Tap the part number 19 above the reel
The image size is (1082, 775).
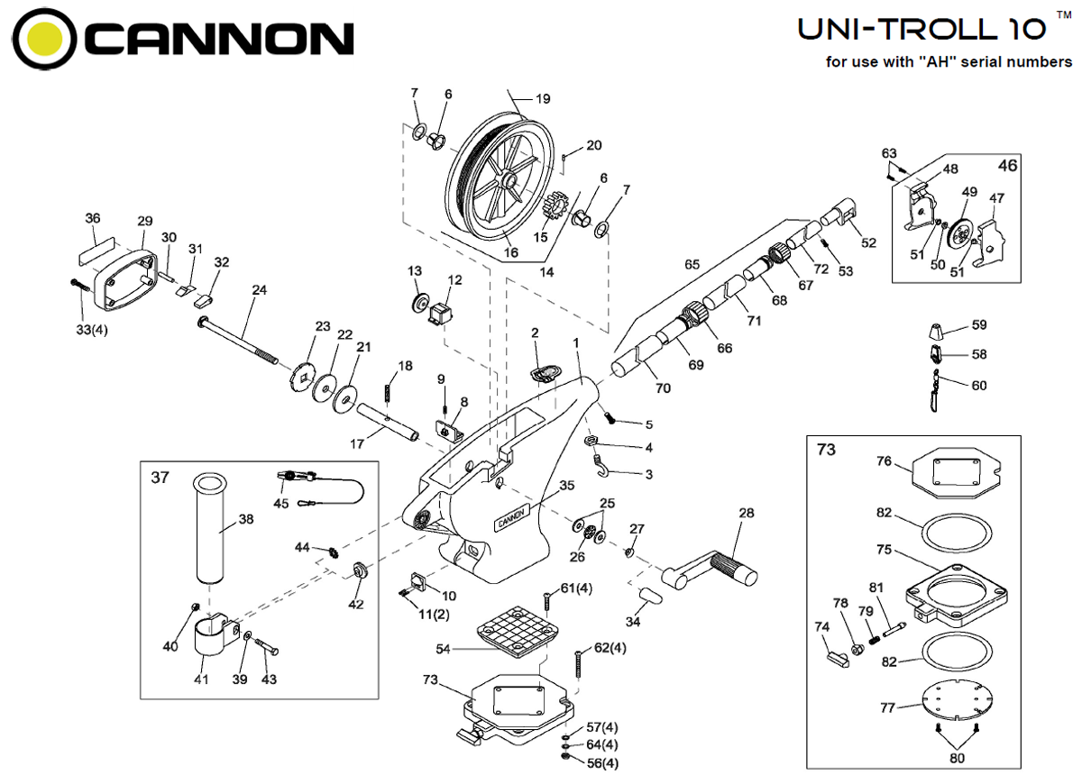click(542, 99)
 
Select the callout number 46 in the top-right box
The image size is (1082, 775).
click(1007, 166)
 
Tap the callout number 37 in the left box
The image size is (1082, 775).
click(160, 478)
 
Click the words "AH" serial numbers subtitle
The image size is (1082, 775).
click(949, 62)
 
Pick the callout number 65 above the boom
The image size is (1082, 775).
click(692, 265)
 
